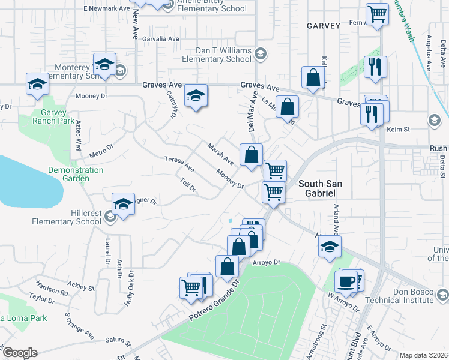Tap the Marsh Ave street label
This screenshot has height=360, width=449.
[x=220, y=153]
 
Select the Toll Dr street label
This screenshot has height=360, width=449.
[x=188, y=185]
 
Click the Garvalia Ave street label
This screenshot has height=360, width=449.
[x=161, y=38]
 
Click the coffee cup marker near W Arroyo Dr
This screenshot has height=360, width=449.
[x=346, y=280]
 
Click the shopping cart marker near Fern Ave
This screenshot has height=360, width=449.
[x=377, y=14]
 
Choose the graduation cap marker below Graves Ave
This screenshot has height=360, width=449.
[x=196, y=96]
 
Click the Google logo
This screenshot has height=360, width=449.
[x=19, y=353]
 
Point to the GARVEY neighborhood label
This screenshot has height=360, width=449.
[x=324, y=26]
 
